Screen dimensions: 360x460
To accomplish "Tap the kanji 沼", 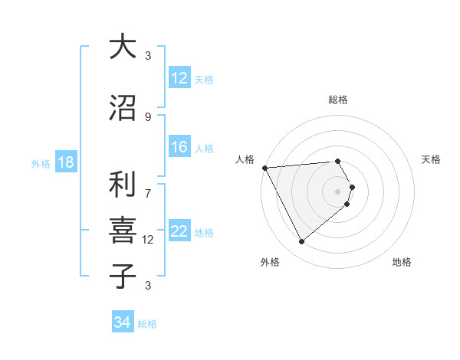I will click(123, 107).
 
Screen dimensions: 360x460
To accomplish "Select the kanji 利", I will click(123, 184).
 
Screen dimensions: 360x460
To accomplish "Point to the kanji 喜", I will click(123, 230).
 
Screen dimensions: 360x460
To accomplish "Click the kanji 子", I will click(123, 275).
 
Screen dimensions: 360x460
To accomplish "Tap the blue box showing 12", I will click(179, 78).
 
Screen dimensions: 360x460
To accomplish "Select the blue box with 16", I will click(179, 147).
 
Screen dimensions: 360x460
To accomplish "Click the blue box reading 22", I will click(179, 231).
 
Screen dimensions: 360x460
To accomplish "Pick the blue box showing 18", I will click(65, 162).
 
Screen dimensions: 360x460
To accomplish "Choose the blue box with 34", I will click(122, 322).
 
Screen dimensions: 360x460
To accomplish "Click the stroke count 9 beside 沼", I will click(148, 117).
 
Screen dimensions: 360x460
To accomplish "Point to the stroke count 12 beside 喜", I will click(148, 240).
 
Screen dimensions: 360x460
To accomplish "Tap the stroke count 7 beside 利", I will click(148, 185).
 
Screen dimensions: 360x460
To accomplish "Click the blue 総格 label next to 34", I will click(147, 324).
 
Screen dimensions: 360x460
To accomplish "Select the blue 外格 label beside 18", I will click(40, 163).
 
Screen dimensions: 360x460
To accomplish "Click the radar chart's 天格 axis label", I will click(431, 159).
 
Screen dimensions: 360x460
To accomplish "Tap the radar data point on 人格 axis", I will click(264, 167).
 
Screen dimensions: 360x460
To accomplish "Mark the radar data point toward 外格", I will click(301, 242).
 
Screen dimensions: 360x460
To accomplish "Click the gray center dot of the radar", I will click(337, 191).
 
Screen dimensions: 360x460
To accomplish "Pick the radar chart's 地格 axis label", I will click(402, 262).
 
